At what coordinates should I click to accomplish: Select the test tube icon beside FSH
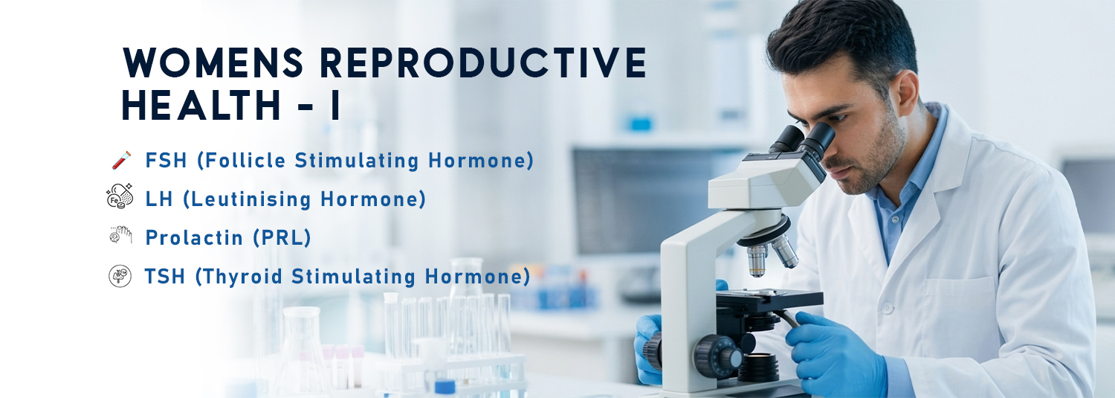pos(120,160)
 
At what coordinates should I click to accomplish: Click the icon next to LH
pos(120,197)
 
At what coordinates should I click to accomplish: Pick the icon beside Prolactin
pos(120,237)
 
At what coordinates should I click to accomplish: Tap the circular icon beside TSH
pos(120,276)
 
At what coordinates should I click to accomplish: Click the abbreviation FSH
pos(166,160)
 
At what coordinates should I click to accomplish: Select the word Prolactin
pos(194,237)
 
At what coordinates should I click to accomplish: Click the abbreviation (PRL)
pos(281,237)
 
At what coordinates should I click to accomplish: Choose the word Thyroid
pos(242,277)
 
